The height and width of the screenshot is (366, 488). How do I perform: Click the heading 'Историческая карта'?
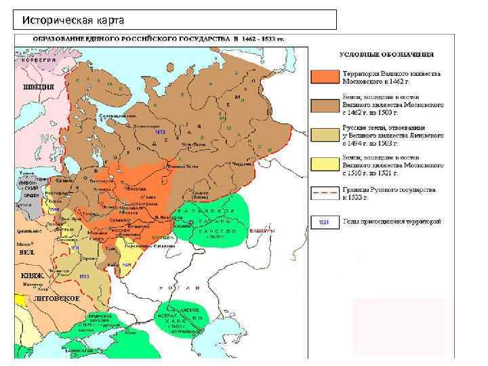click(x=67, y=20)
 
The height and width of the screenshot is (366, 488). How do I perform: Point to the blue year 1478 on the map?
click(x=160, y=132)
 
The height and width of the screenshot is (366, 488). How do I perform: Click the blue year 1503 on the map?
click(x=85, y=277)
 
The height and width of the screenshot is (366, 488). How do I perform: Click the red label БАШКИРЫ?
click(x=261, y=232)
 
